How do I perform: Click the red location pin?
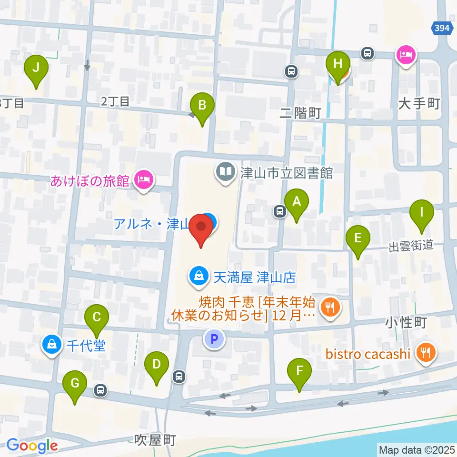(x=201, y=228)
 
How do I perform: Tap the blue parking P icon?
(x=214, y=339)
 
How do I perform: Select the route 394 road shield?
(x=442, y=29)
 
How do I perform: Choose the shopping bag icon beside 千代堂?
(x=51, y=344)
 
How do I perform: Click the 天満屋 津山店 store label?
(x=255, y=277)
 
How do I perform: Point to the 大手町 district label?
(x=419, y=103)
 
